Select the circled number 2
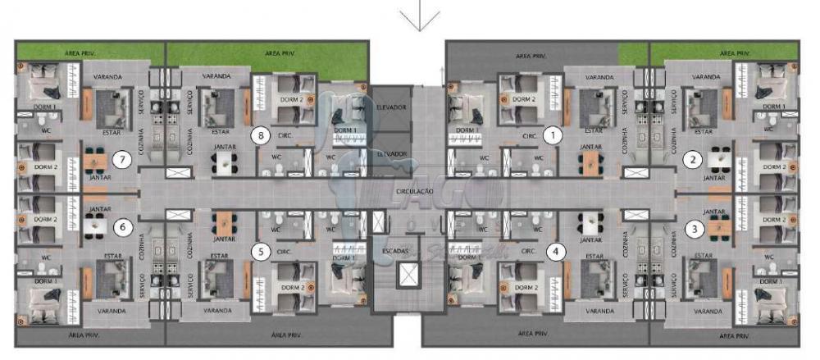(694, 159)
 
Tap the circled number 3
(694, 229)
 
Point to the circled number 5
(260, 252)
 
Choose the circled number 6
(122, 226)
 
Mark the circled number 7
(122, 159)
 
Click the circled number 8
(260, 136)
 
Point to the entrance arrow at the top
(419, 16)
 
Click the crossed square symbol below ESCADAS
(407, 276)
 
